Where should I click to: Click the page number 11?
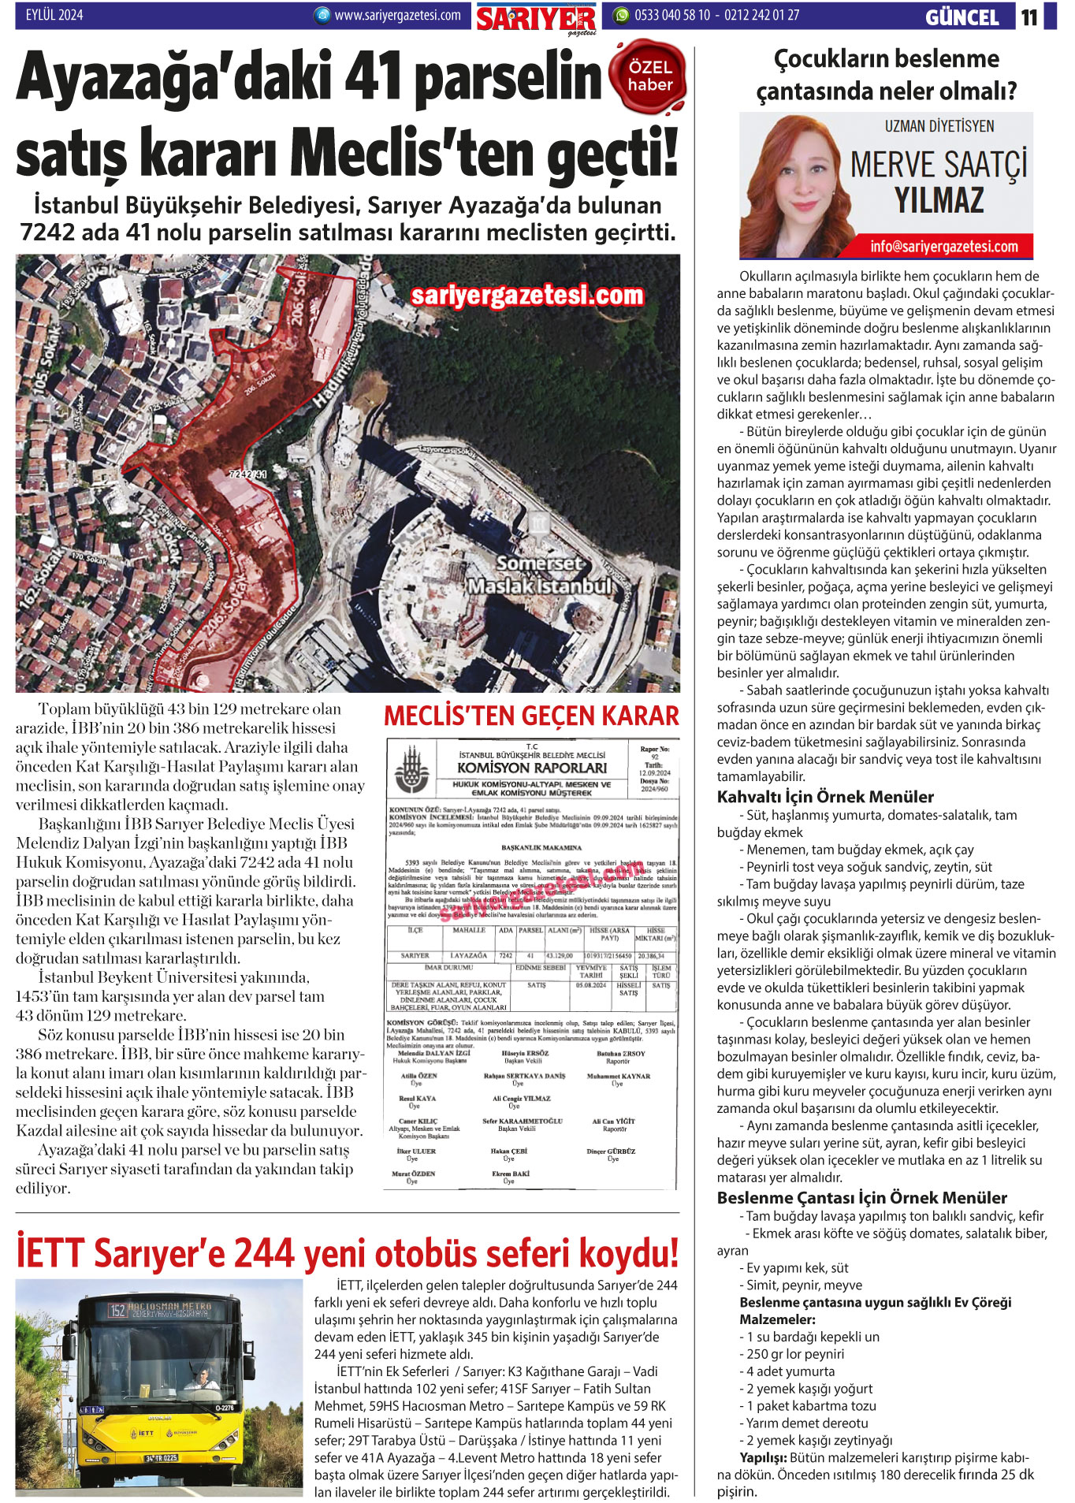[1029, 17]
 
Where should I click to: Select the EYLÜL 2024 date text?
[54, 14]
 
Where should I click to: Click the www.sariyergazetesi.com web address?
[396, 15]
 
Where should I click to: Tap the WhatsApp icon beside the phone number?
[622, 15]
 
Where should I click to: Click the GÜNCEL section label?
[962, 17]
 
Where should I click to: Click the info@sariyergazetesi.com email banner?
[943, 247]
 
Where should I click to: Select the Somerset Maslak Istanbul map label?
[540, 575]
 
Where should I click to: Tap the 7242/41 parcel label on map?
[247, 474]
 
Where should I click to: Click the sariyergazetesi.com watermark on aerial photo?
[527, 296]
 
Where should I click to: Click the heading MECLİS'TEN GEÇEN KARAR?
[530, 716]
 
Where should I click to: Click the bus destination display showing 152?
[160, 1310]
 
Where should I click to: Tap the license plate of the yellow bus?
[162, 1458]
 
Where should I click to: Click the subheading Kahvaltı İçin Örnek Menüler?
[824, 797]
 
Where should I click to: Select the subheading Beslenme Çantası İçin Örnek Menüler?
[861, 1198]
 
